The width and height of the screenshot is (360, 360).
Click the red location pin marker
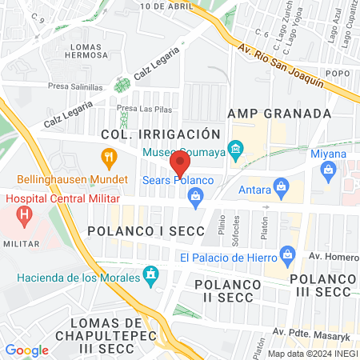tap(180, 163)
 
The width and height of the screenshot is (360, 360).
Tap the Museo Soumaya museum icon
tap(235, 150)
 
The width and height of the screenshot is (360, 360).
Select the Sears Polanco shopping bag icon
tap(206, 195)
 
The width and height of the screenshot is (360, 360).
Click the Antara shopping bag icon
tap(280, 186)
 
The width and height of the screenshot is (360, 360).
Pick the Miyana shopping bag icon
tap(328, 169)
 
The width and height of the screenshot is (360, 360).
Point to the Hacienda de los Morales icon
tap(149, 277)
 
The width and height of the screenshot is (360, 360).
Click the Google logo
tap(26, 350)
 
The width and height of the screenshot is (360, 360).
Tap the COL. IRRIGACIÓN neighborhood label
tap(159, 134)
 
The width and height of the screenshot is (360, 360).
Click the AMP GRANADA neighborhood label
tap(279, 113)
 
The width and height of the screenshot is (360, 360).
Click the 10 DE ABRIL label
tap(166, 5)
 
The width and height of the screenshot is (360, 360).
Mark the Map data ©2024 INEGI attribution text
tap(312, 353)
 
